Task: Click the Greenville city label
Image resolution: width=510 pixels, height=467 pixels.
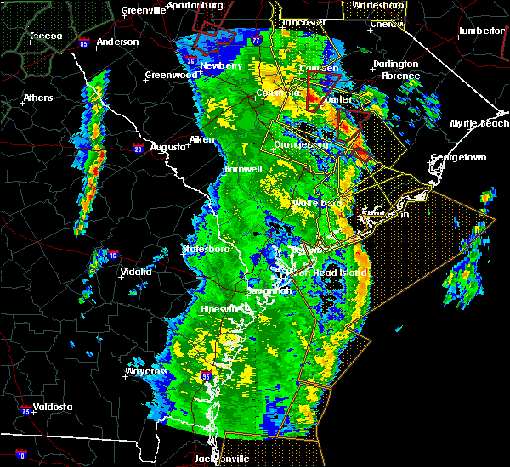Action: (142, 11)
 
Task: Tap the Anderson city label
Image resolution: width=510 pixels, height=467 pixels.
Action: (117, 42)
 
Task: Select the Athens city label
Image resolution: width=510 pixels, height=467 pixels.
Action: (37, 98)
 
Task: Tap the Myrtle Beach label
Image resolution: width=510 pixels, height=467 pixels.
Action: (482, 124)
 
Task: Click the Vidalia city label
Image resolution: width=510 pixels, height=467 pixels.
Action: (136, 272)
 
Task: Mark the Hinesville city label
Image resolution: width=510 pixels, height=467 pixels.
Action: (223, 311)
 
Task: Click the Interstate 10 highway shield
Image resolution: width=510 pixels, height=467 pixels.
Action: (21, 454)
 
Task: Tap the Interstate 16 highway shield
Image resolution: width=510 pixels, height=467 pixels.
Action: (113, 254)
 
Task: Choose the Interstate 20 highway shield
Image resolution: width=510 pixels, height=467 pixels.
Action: (139, 149)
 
